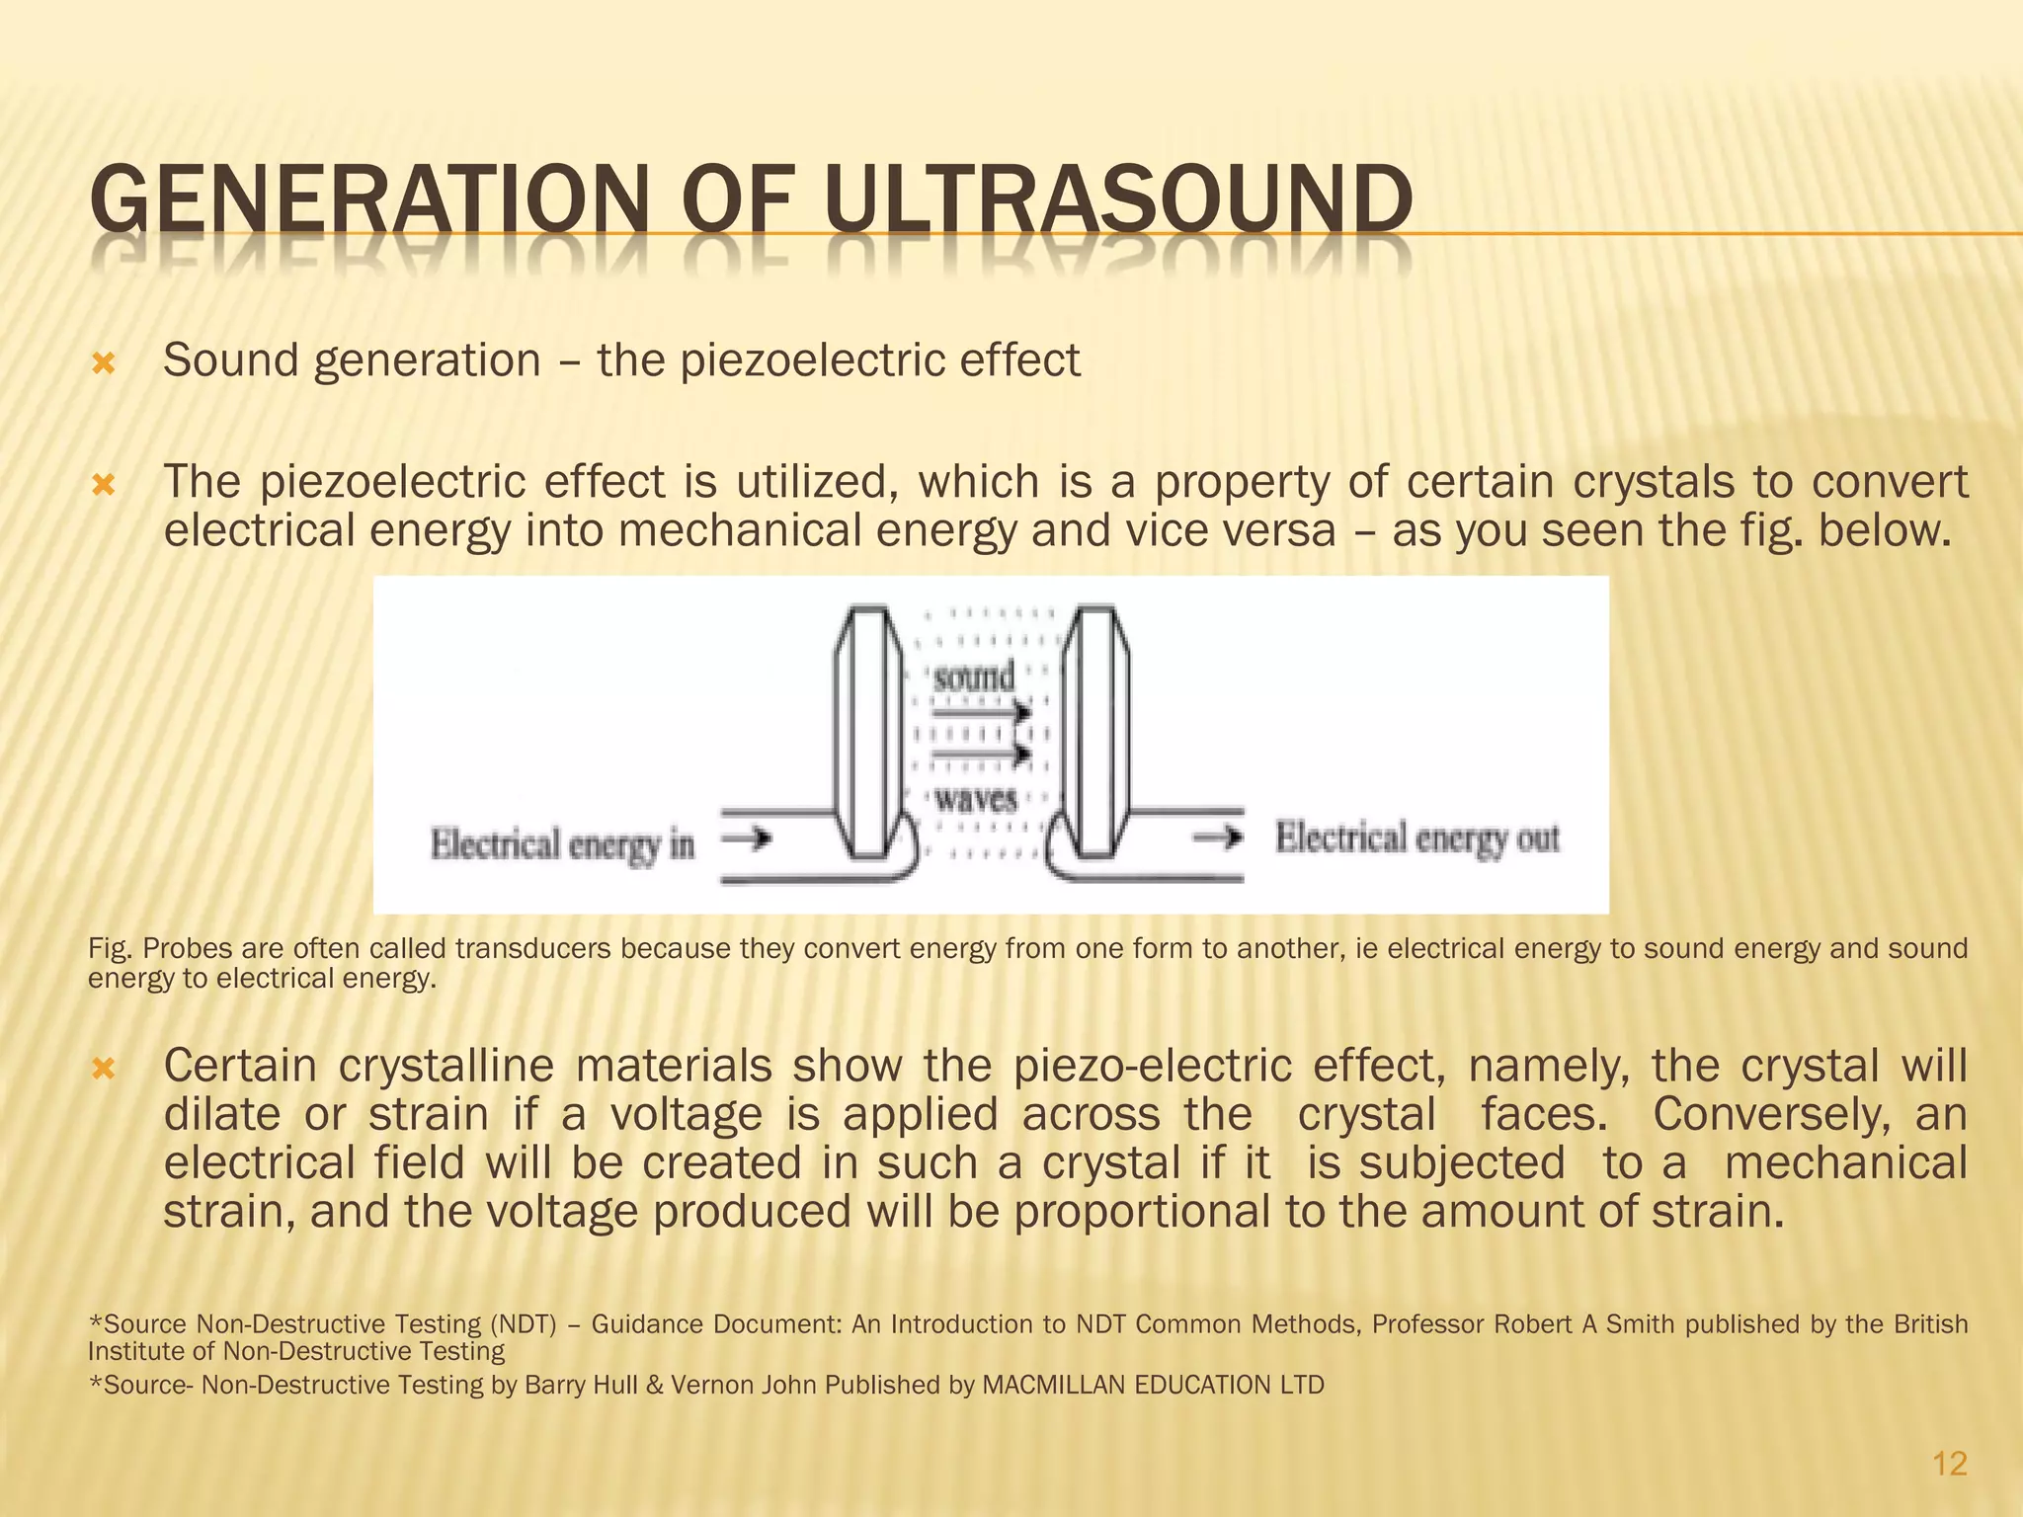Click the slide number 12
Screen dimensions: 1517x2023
click(x=1949, y=1464)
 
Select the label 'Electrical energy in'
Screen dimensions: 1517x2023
click(x=562, y=844)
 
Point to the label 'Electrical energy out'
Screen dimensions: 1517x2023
click(x=1416, y=838)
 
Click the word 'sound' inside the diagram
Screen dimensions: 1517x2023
click(x=974, y=678)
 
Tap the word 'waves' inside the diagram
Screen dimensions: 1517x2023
click(x=976, y=798)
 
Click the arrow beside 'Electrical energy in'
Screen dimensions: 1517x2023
click(x=747, y=839)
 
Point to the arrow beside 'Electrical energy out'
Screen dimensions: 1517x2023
click(x=1217, y=838)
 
